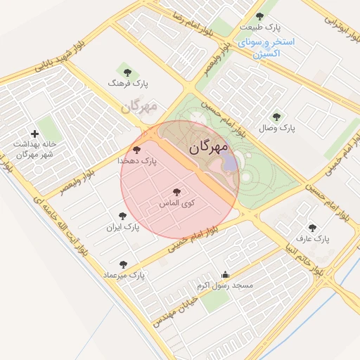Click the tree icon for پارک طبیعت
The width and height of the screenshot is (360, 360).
coord(260,16)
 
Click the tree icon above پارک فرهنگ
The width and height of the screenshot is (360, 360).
coord(127,71)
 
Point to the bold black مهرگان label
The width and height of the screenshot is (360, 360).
coord(209,148)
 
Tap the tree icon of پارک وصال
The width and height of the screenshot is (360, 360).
coord(276,117)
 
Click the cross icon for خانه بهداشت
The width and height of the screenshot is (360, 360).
coord(34,134)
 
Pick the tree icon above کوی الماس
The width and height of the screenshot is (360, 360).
coord(176,191)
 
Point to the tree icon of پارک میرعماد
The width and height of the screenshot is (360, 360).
coord(124,264)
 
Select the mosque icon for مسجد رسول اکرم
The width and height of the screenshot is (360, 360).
coord(225,275)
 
